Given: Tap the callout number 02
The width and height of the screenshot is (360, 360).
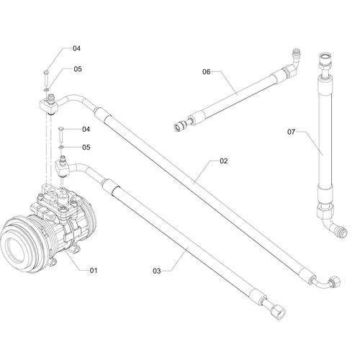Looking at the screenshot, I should coord(223,161).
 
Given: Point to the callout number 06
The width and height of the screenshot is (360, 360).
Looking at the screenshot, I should coord(206,72).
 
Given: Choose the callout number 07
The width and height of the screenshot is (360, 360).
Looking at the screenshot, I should coord(292,132).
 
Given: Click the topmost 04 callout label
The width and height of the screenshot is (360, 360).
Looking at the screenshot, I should coord(76,48).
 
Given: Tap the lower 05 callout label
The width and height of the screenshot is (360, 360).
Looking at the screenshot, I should coord(86,147).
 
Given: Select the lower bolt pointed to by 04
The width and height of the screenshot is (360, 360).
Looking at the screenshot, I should coord(61,133).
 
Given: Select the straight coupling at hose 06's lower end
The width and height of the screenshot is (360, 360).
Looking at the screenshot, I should coord(180,125).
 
